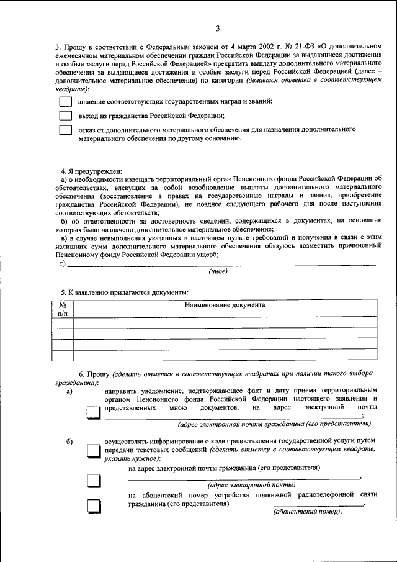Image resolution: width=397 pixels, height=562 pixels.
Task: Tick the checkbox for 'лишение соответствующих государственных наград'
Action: pyautogui.click(x=65, y=101)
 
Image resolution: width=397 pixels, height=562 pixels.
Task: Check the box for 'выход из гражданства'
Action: pyautogui.click(x=65, y=116)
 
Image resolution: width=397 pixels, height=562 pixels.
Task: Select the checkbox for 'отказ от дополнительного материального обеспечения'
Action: pyautogui.click(x=65, y=131)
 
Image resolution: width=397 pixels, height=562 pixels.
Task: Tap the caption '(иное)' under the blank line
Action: pyautogui.click(x=218, y=271)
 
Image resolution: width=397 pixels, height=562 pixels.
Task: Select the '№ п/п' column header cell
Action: pyautogui.click(x=62, y=309)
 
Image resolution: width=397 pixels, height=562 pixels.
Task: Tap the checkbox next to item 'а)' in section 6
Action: pyautogui.click(x=92, y=413)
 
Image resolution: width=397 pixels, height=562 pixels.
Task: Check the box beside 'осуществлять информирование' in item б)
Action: pyautogui.click(x=92, y=451)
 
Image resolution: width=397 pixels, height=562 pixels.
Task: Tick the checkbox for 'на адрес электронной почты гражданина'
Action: pyautogui.click(x=92, y=481)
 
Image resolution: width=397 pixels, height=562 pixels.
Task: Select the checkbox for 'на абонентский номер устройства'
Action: pyautogui.click(x=92, y=507)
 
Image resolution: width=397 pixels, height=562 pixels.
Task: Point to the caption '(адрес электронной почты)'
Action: pyautogui.click(x=251, y=485)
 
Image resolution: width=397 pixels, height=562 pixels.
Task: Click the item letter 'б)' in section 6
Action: pyautogui.click(x=70, y=442)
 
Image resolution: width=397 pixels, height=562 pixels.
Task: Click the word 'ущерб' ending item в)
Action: pyautogui.click(x=205, y=255)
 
